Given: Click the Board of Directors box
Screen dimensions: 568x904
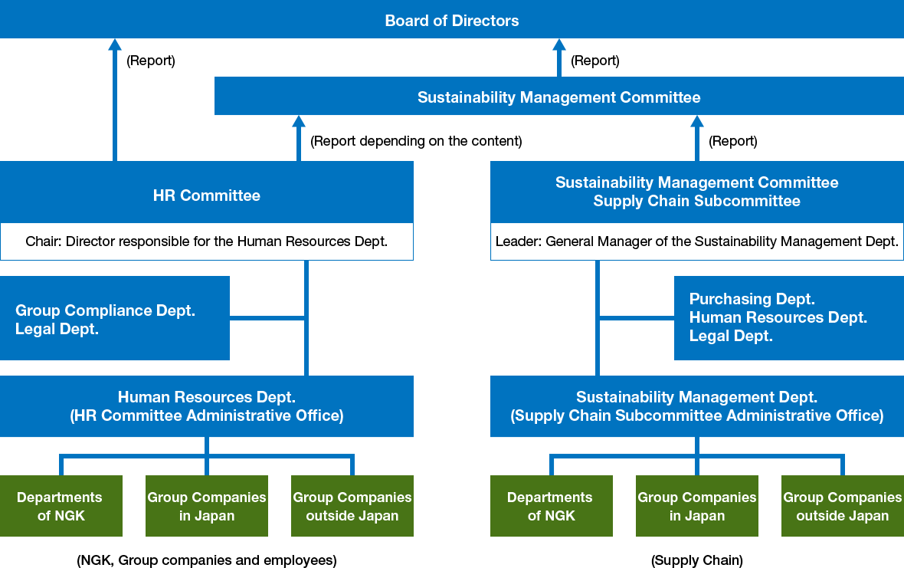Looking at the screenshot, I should pyautogui.click(x=452, y=21).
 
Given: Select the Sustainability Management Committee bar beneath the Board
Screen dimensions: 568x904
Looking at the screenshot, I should pyautogui.click(x=558, y=97).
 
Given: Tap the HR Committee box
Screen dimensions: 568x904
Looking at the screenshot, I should pyautogui.click(x=207, y=195).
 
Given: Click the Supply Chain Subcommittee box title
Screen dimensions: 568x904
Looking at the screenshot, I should pyautogui.click(x=696, y=192).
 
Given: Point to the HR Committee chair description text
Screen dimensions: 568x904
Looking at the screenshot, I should pyautogui.click(x=207, y=241).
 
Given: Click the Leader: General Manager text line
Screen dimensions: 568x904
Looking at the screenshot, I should pyautogui.click(x=696, y=241).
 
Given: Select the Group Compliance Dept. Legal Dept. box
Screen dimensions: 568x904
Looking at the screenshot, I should pyautogui.click(x=115, y=319).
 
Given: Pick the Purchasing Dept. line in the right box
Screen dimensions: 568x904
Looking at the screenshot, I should pyautogui.click(x=752, y=299).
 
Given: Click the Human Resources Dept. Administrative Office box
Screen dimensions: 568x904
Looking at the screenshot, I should pyautogui.click(x=207, y=406).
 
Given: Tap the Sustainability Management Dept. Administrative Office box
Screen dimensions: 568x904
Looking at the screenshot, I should pyautogui.click(x=696, y=406).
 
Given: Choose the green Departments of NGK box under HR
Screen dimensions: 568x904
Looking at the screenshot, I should pyautogui.click(x=61, y=506).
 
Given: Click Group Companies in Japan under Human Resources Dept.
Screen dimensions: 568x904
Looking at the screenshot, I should pyautogui.click(x=207, y=506).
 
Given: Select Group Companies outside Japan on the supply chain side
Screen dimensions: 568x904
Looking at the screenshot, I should pyautogui.click(x=842, y=506).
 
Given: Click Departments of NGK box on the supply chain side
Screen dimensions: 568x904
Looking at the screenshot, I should pyautogui.click(x=551, y=506).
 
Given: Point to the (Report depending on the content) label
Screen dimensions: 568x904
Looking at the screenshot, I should pyautogui.click(x=416, y=141).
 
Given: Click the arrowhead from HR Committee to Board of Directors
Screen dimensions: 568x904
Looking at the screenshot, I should pyautogui.click(x=115, y=44).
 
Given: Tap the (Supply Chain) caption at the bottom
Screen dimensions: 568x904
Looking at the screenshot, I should pyautogui.click(x=696, y=560).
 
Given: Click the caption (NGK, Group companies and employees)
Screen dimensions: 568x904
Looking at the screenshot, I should pyautogui.click(x=207, y=560).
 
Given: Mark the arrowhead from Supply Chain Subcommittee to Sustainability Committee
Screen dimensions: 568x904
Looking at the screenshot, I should pyautogui.click(x=696, y=121).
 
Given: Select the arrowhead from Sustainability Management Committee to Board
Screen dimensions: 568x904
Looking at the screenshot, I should pyautogui.click(x=559, y=44).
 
